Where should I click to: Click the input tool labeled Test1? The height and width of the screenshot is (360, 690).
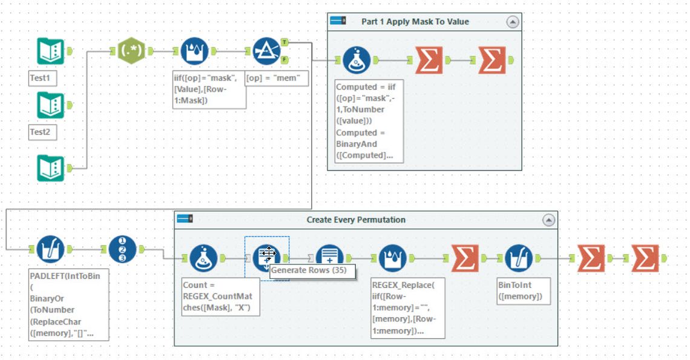[50, 51]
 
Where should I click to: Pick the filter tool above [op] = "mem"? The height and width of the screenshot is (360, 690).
[266, 51]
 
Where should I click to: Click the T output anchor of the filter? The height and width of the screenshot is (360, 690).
[284, 42]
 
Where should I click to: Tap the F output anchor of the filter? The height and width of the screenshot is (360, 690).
[284, 59]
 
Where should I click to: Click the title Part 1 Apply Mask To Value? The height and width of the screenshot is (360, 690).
[415, 22]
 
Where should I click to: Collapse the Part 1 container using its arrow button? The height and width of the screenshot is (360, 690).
[513, 22]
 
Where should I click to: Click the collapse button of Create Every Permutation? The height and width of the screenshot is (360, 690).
[549, 220]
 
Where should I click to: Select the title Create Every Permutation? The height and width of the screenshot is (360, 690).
[356, 220]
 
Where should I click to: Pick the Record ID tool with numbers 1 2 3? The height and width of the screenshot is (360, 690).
[123, 249]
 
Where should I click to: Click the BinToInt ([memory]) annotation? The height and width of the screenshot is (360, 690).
[523, 291]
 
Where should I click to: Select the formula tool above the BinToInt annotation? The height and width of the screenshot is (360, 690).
[518, 258]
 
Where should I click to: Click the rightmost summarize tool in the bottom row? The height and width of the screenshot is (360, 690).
[646, 258]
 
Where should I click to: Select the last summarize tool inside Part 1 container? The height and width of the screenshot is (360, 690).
[492, 60]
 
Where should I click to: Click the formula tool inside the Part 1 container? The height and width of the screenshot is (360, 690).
[357, 60]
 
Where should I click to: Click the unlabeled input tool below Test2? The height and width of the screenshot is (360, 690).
[50, 168]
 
